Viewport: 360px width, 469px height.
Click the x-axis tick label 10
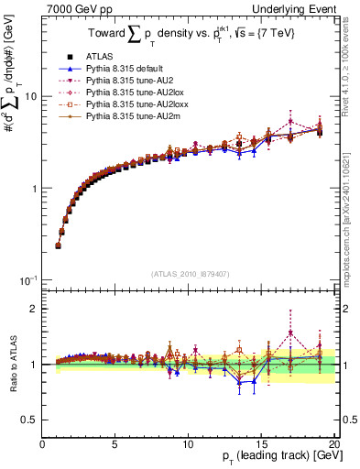pos(188,445)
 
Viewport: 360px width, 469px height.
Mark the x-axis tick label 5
pos(115,445)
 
